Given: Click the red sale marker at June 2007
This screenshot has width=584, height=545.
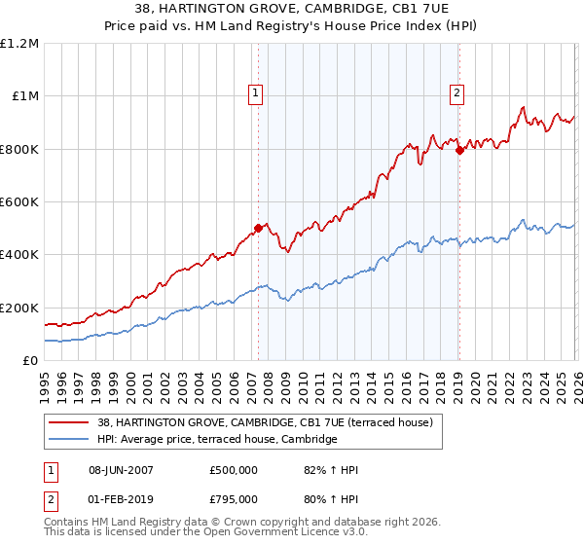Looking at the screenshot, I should pos(258,229).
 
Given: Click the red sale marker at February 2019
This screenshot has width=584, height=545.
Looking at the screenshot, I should pos(458,150).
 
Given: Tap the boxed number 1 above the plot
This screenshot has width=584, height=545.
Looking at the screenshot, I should pos(255,93).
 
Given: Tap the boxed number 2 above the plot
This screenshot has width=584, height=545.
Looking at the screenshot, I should pos(456,93).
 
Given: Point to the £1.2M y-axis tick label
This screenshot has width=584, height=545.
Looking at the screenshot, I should pos(19,44).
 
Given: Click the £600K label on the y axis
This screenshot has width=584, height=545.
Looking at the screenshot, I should pos(19,202).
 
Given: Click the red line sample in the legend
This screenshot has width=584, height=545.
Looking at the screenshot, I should pos(70,422).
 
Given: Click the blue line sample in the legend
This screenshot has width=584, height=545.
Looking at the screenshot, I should pos(70,440).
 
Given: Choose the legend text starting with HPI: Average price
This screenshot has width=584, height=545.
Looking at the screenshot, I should pos(216,440).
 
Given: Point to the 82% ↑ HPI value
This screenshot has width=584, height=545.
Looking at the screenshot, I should pos(331,470).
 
